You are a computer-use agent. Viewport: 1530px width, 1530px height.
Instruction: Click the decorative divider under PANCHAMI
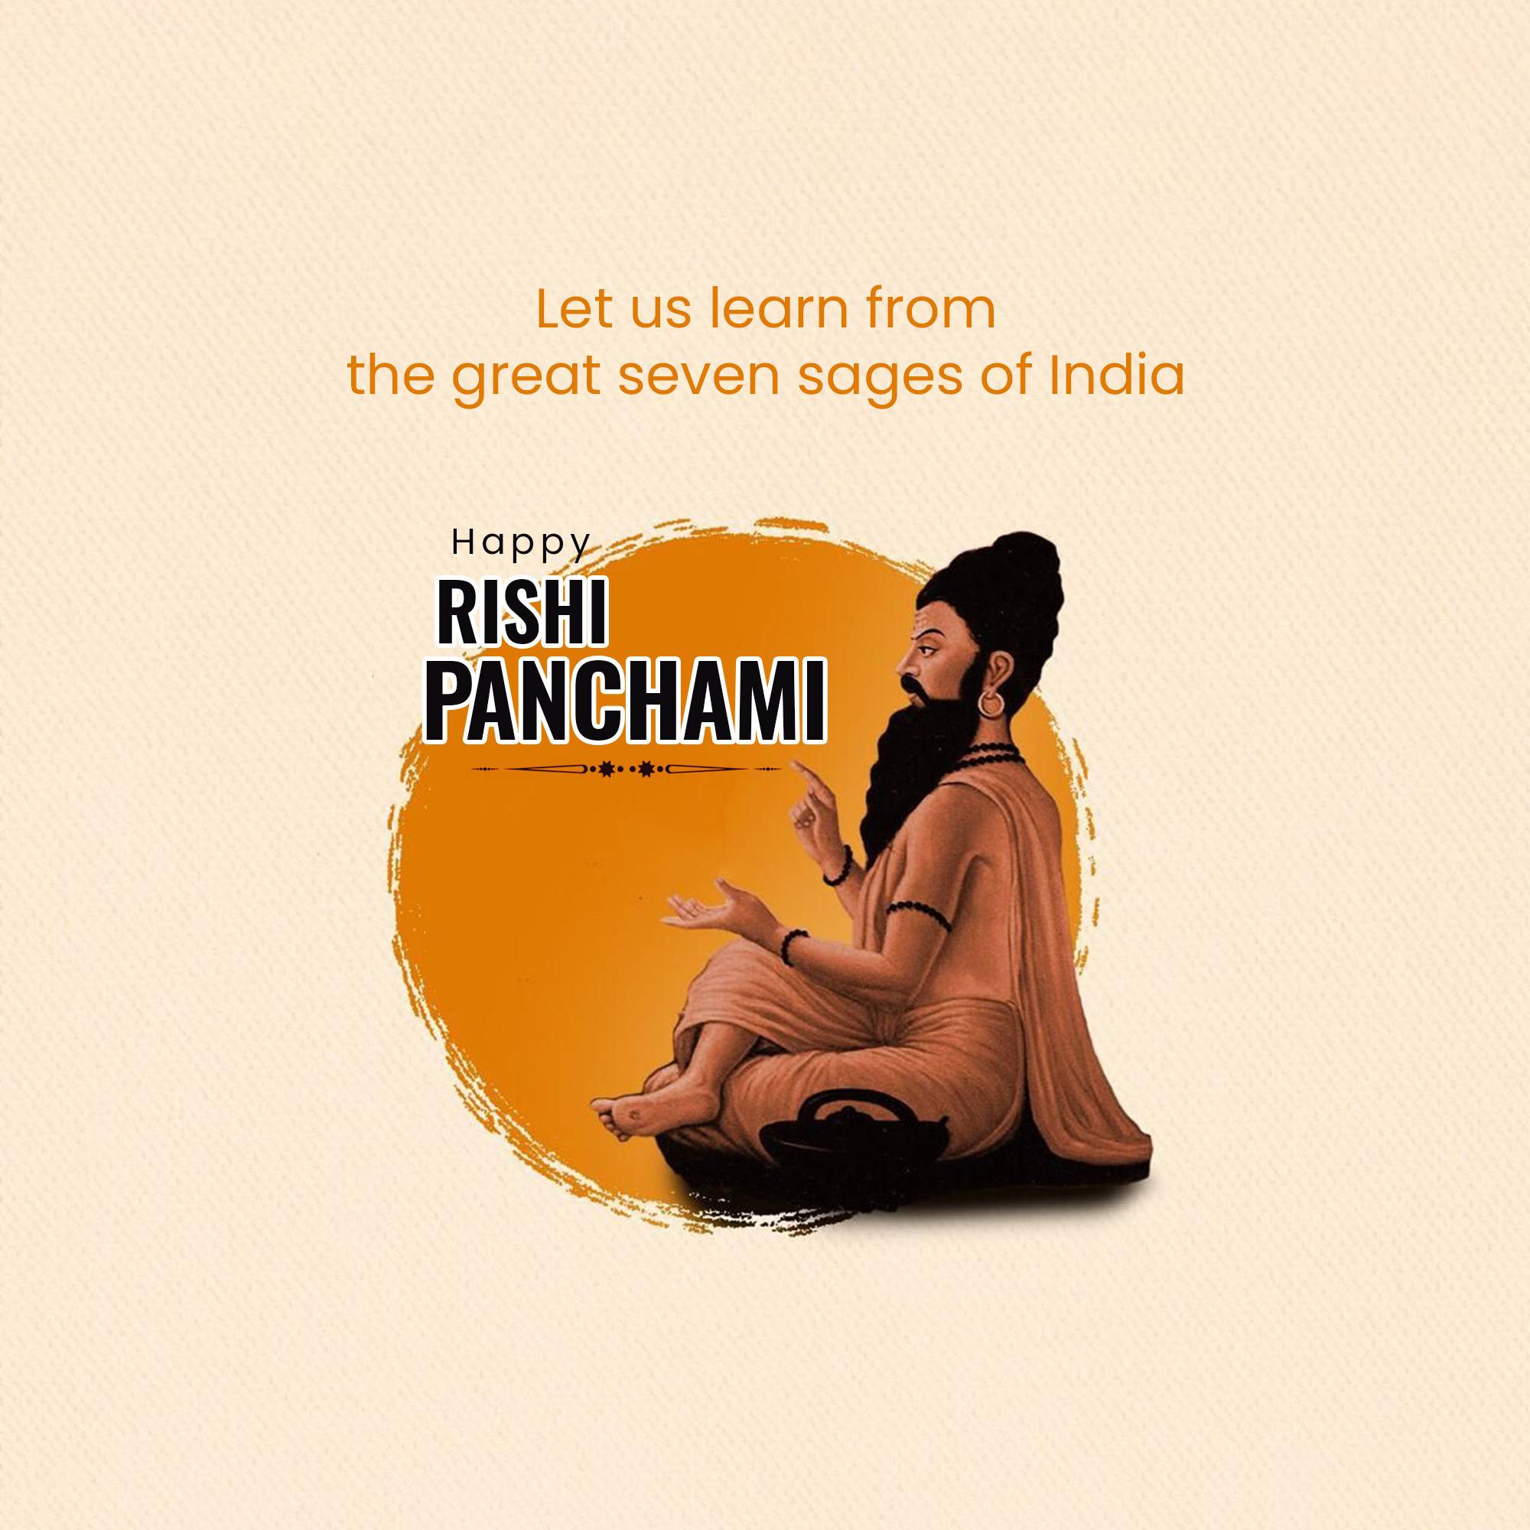pyautogui.click(x=626, y=768)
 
